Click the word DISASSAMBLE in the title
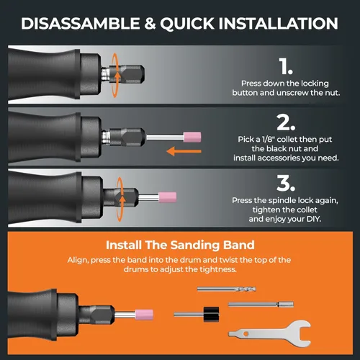(80, 23)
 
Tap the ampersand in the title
(150, 24)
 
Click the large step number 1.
(286, 66)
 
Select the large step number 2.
(286, 122)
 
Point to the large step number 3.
(286, 183)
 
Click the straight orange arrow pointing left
(184, 151)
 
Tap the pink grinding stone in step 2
(192, 137)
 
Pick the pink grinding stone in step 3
(168, 197)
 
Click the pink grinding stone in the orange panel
(144, 315)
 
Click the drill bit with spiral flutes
(227, 289)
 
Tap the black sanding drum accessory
(211, 314)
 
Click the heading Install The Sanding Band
(180, 245)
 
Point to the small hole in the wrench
(246, 334)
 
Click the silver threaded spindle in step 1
(105, 73)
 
